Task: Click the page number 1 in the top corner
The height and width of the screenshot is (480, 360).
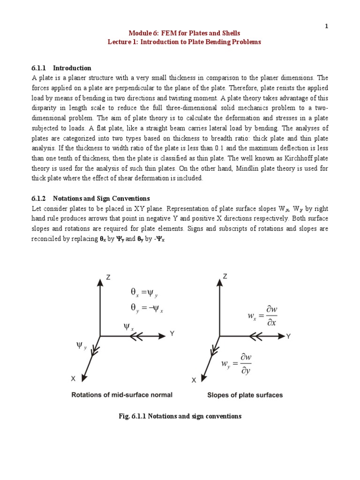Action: click(x=327, y=26)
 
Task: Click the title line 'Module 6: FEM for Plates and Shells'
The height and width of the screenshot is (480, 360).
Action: click(x=184, y=33)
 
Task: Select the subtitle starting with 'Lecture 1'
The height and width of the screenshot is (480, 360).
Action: click(x=184, y=42)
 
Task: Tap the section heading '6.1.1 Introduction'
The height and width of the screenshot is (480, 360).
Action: click(x=61, y=68)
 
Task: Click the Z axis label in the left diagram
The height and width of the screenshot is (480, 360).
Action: click(x=108, y=277)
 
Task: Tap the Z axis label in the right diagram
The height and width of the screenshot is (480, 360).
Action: click(x=225, y=277)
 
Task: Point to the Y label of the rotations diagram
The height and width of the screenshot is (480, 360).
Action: click(x=172, y=334)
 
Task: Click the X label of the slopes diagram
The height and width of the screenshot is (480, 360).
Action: click(x=194, y=381)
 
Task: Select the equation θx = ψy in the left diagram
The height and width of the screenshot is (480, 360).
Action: click(x=145, y=293)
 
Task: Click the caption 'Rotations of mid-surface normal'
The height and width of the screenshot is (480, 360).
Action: click(x=121, y=395)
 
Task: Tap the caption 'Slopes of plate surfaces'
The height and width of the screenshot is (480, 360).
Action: click(x=245, y=395)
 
